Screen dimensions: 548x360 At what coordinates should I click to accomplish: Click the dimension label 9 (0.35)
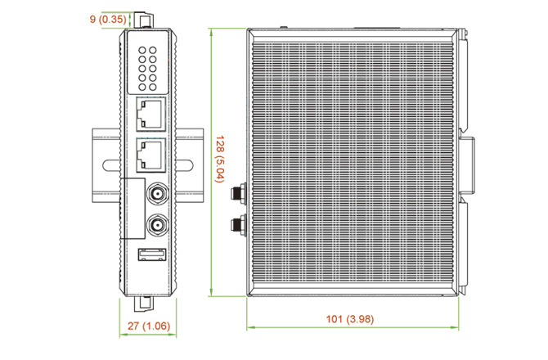108,19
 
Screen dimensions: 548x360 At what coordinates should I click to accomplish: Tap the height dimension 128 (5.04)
219,159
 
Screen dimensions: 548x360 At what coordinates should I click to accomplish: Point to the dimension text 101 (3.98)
350,319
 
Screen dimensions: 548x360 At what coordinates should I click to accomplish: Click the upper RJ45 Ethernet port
151,114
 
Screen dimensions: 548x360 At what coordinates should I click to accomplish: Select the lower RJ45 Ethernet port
151,155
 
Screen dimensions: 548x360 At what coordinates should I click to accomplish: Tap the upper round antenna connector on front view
157,192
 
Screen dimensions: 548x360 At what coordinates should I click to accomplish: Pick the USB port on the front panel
152,254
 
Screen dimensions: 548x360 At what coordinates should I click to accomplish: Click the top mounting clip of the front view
144,20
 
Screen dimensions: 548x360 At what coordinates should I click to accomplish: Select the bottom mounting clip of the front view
144,304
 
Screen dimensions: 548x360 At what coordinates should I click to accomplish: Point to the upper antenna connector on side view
239,193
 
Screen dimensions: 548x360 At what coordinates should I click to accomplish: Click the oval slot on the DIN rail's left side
112,165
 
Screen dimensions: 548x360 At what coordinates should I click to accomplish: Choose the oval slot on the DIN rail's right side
184,165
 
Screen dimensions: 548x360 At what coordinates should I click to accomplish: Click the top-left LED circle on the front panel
142,51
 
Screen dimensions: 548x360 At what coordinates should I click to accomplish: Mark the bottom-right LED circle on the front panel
153,87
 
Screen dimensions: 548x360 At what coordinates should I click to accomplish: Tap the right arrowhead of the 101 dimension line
455,327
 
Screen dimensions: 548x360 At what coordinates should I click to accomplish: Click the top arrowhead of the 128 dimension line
211,33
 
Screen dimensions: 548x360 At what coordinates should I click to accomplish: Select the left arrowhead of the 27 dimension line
124,335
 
